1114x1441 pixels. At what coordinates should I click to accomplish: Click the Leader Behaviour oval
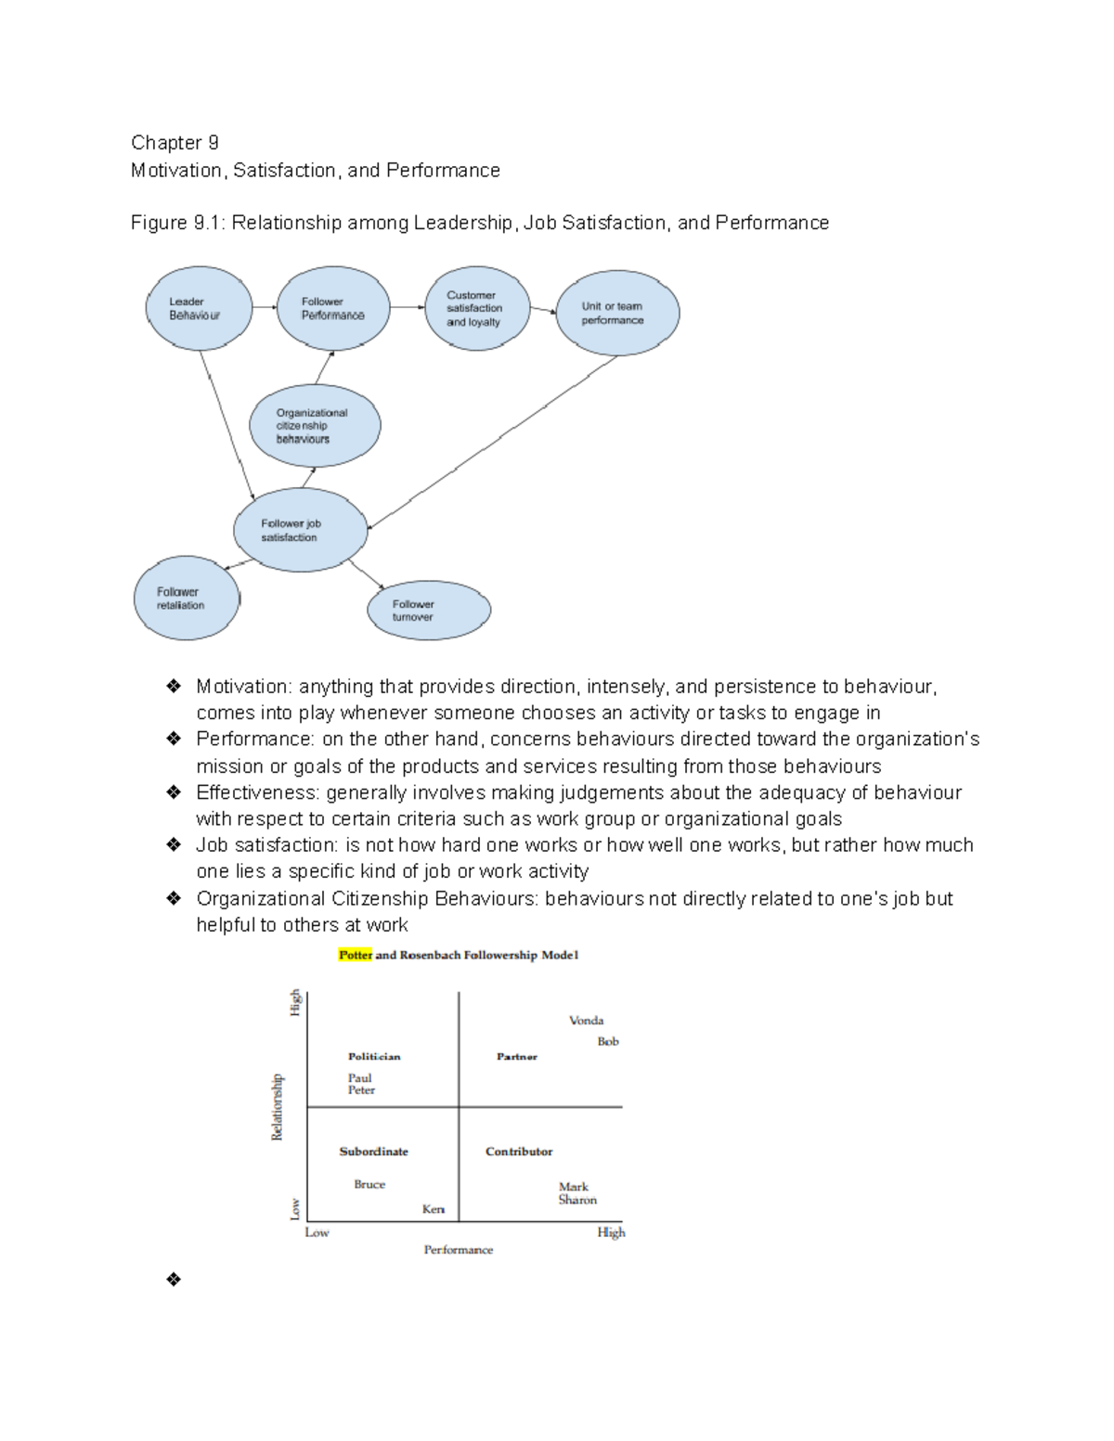pyautogui.click(x=199, y=308)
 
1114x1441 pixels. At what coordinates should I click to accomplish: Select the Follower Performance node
pyautogui.click(x=333, y=308)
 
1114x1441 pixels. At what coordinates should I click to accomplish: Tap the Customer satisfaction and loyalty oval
pyautogui.click(x=476, y=308)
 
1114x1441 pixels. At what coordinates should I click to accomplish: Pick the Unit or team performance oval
pyautogui.click(x=617, y=313)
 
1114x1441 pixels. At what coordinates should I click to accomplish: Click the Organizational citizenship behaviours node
pyautogui.click(x=315, y=426)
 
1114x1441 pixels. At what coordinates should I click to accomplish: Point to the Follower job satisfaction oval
pyautogui.click(x=300, y=530)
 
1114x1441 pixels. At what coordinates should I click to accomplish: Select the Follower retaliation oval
pyautogui.click(x=186, y=598)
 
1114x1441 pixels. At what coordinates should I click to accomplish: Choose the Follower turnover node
pyautogui.click(x=428, y=611)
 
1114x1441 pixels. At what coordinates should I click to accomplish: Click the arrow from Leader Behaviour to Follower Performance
pyautogui.click(x=265, y=307)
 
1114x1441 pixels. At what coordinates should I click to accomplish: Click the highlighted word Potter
pyautogui.click(x=355, y=955)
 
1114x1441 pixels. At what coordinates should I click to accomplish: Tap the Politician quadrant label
pyautogui.click(x=374, y=1056)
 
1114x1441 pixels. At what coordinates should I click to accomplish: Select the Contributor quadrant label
pyautogui.click(x=518, y=1152)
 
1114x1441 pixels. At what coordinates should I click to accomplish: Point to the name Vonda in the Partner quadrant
pyautogui.click(x=586, y=1020)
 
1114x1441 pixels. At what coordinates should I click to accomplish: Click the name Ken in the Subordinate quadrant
pyautogui.click(x=433, y=1209)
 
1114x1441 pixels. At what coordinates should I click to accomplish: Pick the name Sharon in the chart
pyautogui.click(x=577, y=1200)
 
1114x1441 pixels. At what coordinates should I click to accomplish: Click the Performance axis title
pyautogui.click(x=458, y=1250)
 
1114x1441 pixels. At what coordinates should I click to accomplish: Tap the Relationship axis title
pyautogui.click(x=277, y=1107)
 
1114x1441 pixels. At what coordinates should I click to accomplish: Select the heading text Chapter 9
pyautogui.click(x=175, y=143)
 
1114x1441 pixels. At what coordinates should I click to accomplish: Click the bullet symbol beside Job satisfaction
pyautogui.click(x=174, y=844)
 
